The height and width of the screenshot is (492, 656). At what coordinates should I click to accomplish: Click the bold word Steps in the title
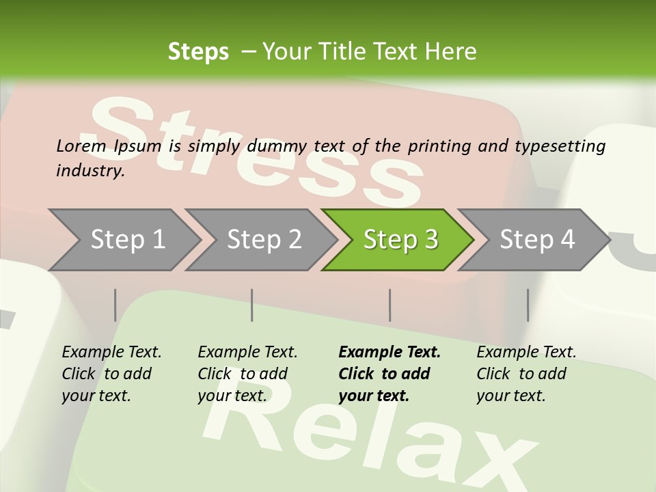coord(198,52)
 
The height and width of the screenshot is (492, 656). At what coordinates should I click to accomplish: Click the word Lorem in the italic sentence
coord(81,146)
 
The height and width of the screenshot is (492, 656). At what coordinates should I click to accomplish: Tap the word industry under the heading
coord(90,171)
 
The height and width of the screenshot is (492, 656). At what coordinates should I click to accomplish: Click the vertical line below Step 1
coord(115,305)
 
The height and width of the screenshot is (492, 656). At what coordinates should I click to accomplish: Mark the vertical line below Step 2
coord(252,305)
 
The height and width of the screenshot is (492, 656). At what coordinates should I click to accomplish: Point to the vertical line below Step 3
coord(390,305)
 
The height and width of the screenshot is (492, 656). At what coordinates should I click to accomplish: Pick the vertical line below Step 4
coord(528,305)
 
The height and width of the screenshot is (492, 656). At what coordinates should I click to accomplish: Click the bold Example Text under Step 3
coord(389,353)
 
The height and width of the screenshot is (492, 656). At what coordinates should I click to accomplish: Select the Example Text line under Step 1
coord(111,353)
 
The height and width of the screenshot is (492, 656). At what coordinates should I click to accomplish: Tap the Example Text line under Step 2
coord(247,353)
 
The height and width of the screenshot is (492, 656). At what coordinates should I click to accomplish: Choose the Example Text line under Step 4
coord(526,353)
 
